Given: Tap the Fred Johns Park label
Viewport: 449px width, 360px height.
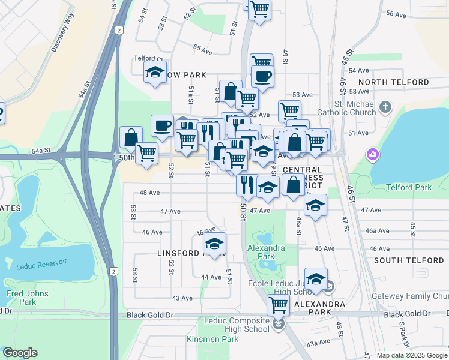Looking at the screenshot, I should (x=23, y=298).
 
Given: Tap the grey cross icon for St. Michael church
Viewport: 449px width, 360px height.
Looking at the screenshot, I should (x=385, y=108).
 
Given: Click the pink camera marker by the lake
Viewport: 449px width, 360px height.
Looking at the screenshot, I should (x=373, y=155).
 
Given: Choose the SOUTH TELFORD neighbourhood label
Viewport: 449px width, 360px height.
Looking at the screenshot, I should (x=408, y=260).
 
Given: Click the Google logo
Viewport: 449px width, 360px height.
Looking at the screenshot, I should (x=20, y=353).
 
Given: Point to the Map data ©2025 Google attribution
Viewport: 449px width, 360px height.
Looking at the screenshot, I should (x=411, y=355).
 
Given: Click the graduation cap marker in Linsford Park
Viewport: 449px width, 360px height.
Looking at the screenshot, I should (x=214, y=244).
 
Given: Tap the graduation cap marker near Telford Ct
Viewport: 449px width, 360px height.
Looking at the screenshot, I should (x=155, y=73).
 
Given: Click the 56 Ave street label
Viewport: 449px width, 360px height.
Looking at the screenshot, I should (x=397, y=13).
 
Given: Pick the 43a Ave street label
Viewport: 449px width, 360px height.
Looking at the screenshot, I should (x=318, y=343).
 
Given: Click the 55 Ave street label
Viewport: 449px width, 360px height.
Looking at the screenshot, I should (x=203, y=50).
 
